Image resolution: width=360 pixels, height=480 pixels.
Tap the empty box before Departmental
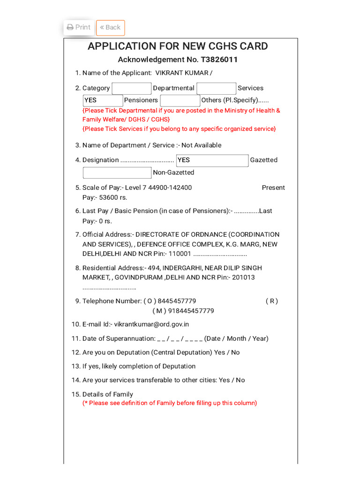pos(132,88)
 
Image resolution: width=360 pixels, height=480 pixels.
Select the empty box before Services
pos(216,88)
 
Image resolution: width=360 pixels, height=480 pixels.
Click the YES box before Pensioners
pos(103,100)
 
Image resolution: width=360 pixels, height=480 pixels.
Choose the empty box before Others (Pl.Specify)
pos(180,100)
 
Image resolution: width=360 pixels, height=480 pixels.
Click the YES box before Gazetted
pos(212,160)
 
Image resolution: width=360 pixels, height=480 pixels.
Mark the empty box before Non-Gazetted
pos(117,172)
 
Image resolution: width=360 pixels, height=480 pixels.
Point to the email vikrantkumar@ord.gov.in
pos(151,324)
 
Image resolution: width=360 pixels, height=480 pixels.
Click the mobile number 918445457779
pos(191,311)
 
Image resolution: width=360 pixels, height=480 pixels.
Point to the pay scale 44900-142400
pos(170,187)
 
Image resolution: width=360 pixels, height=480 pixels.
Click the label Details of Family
pos(107,394)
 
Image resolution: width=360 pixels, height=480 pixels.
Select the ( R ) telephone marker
pos(271,301)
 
